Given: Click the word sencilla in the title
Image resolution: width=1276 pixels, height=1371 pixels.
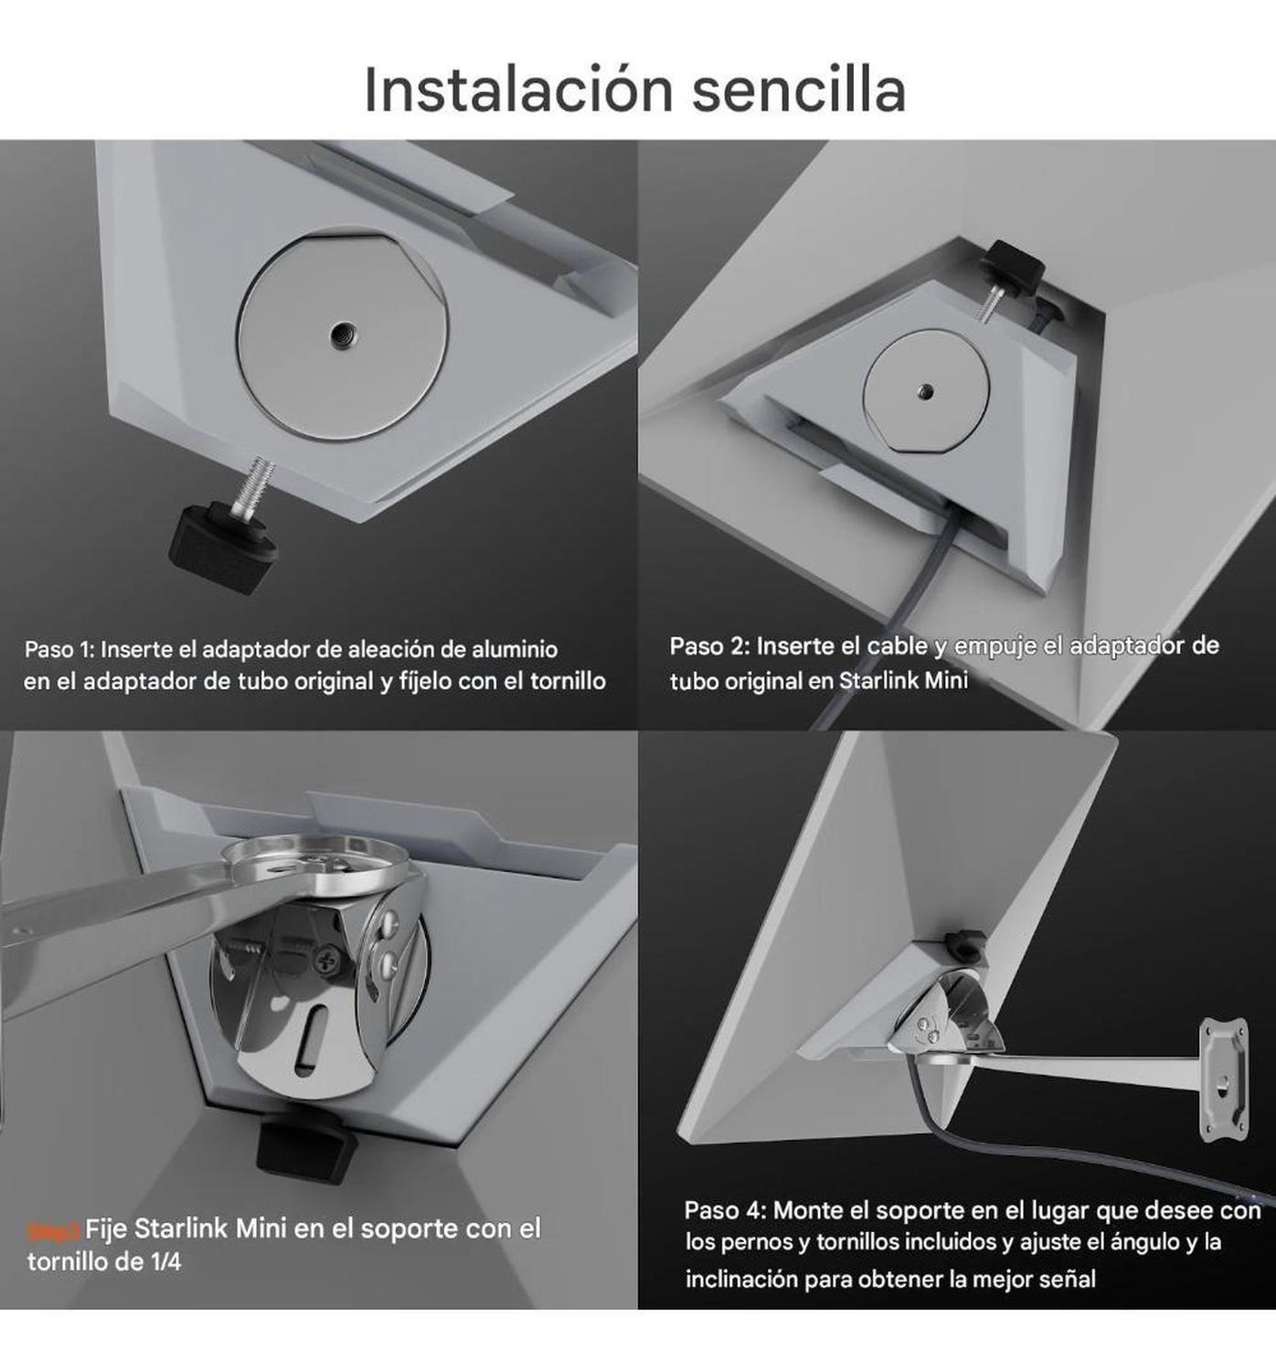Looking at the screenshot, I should click(x=798, y=90).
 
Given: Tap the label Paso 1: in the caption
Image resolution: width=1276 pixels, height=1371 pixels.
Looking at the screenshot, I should click(x=58, y=650).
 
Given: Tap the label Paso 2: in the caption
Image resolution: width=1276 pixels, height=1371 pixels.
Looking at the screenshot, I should click(x=709, y=646).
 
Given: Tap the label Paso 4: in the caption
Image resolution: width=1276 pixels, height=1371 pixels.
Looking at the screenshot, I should click(x=724, y=1210).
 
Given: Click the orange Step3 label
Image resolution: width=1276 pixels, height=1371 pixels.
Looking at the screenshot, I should click(x=53, y=1231).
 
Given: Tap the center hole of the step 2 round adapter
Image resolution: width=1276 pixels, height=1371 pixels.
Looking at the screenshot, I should click(x=926, y=390).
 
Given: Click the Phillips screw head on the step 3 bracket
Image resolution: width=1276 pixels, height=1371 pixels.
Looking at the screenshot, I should click(x=329, y=961).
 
